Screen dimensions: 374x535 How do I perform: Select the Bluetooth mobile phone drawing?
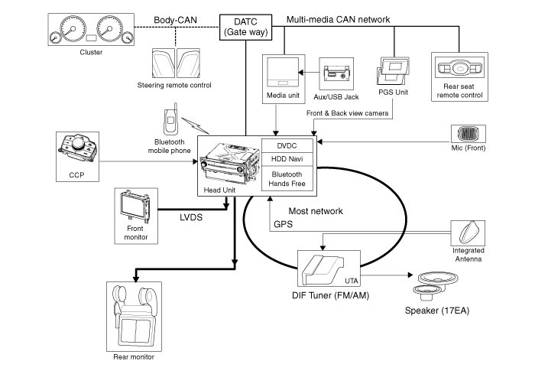[170, 122]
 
